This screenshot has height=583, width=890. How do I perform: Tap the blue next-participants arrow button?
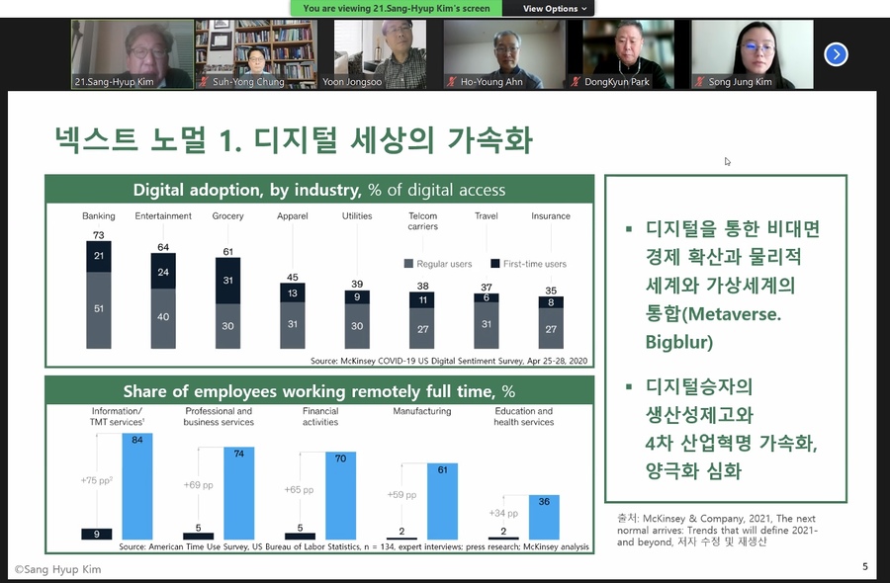pos(836,54)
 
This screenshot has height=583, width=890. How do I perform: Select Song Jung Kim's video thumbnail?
pos(753,54)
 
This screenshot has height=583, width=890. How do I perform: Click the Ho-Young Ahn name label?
pos(491,82)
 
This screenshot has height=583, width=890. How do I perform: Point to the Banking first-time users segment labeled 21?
pos(99,256)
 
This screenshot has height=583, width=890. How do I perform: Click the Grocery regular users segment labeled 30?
pos(227,326)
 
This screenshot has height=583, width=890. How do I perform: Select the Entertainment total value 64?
pos(163,247)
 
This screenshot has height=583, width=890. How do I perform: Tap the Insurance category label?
pos(551,216)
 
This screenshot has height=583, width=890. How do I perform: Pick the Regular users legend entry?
pos(438,264)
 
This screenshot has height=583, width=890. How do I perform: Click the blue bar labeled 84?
pos(137,486)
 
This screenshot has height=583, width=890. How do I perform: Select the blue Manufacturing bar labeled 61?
pos(442,501)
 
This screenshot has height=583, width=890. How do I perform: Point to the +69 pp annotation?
pos(198,485)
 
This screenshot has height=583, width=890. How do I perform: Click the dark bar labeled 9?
pos(97,534)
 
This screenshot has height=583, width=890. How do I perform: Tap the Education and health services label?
pos(523,416)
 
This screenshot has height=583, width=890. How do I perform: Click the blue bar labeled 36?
pos(544,517)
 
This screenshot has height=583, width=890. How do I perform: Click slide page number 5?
pos(865,566)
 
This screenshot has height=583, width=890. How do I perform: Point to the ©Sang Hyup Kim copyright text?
pos(58,569)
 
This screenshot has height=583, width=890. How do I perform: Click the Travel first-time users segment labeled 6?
pos(487,297)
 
